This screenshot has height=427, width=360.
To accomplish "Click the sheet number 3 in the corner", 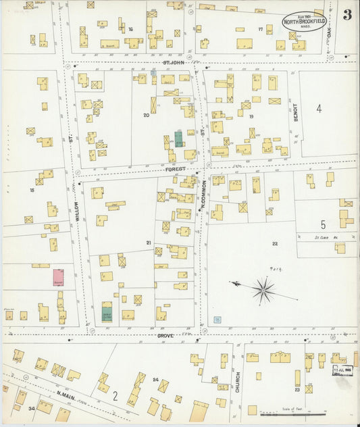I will click(x=346, y=15).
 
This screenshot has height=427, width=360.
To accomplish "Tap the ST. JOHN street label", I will click(x=174, y=63).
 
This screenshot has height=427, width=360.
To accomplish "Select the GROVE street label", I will click(x=166, y=335).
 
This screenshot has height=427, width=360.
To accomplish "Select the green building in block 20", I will click(x=178, y=139).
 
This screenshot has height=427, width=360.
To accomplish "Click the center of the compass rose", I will click(x=264, y=291).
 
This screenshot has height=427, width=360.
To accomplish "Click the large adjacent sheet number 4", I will click(x=319, y=108).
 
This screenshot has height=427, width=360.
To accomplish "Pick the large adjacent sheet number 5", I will click(x=324, y=224).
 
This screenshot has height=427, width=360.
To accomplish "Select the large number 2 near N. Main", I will click(x=115, y=396).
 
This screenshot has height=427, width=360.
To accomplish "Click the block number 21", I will click(x=149, y=242).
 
